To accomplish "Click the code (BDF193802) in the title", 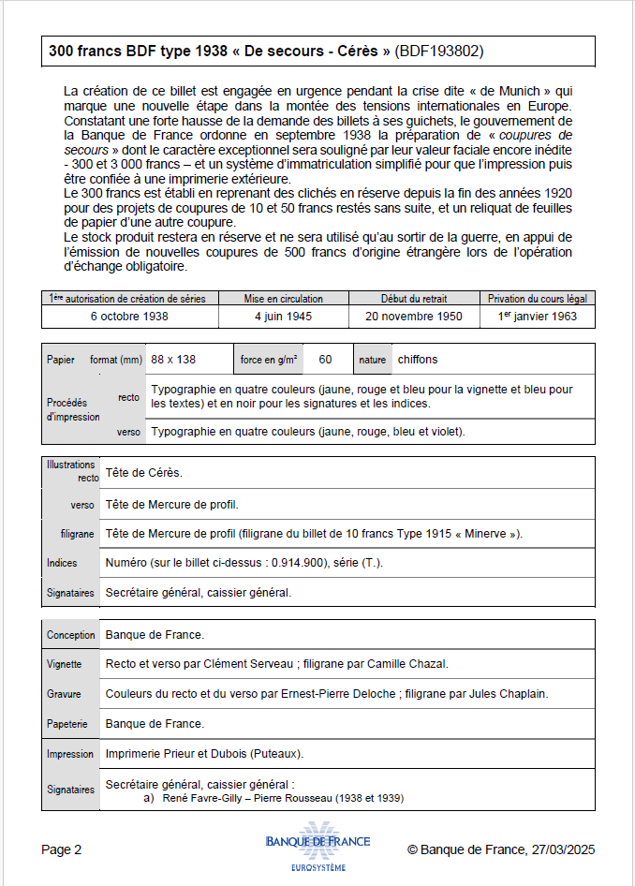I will tap(439, 52).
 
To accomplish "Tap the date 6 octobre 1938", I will tap(129, 317).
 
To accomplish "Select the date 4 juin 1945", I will tap(283, 317).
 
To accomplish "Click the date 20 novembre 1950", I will tap(414, 317).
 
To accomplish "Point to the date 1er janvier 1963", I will tap(538, 317).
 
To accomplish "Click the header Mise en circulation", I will tap(283, 299).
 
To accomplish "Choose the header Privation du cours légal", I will tap(538, 299).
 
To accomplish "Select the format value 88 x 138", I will tap(173, 360).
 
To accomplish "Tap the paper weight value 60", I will tap(325, 360).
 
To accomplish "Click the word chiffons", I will tap(417, 360).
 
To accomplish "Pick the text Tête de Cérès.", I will tap(143, 473).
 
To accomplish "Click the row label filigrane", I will tap(77, 534).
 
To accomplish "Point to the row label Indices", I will tap(63, 563).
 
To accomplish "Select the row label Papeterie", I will tap(67, 724).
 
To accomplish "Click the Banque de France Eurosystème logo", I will tap(317, 847).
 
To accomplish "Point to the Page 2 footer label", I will tap(62, 850).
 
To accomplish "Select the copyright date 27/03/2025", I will tap(563, 850).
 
